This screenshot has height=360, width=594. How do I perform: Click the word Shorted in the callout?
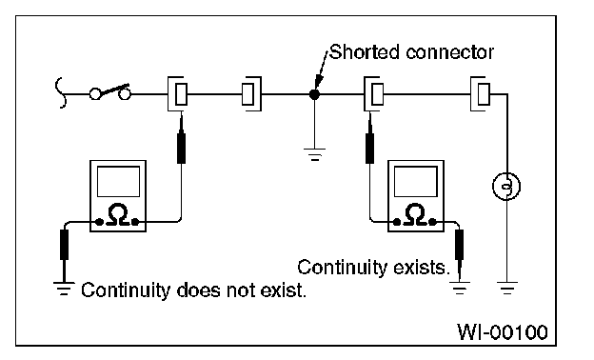[364, 52]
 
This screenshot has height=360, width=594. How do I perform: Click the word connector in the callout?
[449, 52]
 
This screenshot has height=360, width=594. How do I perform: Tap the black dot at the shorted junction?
[314, 94]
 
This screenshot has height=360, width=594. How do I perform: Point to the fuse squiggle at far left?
[61, 93]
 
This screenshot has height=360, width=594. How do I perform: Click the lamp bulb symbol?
[506, 186]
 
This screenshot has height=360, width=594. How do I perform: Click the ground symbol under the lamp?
[507, 289]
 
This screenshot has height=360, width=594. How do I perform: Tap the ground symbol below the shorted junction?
[314, 154]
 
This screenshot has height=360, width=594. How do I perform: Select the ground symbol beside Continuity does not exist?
[64, 289]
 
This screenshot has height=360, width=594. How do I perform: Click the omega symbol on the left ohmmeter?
[118, 215]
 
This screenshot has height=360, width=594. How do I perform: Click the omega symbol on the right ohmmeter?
[416, 215]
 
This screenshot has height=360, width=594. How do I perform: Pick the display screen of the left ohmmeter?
[118, 182]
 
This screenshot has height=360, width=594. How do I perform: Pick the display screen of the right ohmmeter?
[416, 182]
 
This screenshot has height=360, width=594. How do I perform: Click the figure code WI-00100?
[503, 332]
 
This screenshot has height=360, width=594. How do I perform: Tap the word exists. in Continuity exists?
[422, 268]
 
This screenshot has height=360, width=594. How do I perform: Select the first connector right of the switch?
[177, 93]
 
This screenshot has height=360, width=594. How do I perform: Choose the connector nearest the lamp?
[480, 93]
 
